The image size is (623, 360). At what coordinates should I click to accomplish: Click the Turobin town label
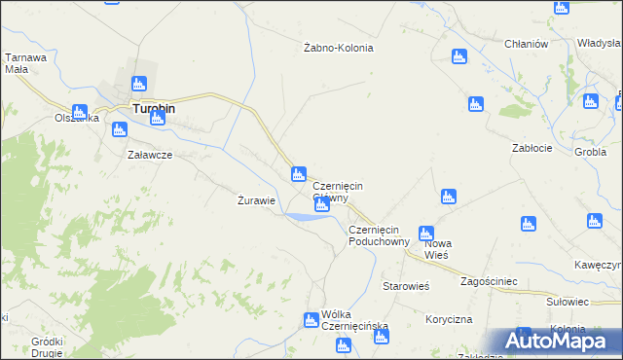(154, 109)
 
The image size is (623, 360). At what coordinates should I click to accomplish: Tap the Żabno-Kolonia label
(339, 48)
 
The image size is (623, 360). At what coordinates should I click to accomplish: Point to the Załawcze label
(150, 155)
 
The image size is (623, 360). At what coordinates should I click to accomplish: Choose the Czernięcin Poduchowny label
(380, 235)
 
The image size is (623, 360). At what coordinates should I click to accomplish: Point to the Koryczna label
(449, 319)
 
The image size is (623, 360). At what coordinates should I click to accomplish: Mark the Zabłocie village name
(532, 148)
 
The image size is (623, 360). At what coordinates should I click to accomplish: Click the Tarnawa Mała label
(26, 63)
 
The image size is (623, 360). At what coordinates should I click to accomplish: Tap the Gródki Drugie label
(47, 346)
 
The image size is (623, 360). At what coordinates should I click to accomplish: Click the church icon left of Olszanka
(80, 112)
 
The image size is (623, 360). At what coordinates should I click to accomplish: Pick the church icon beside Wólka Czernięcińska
(311, 320)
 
